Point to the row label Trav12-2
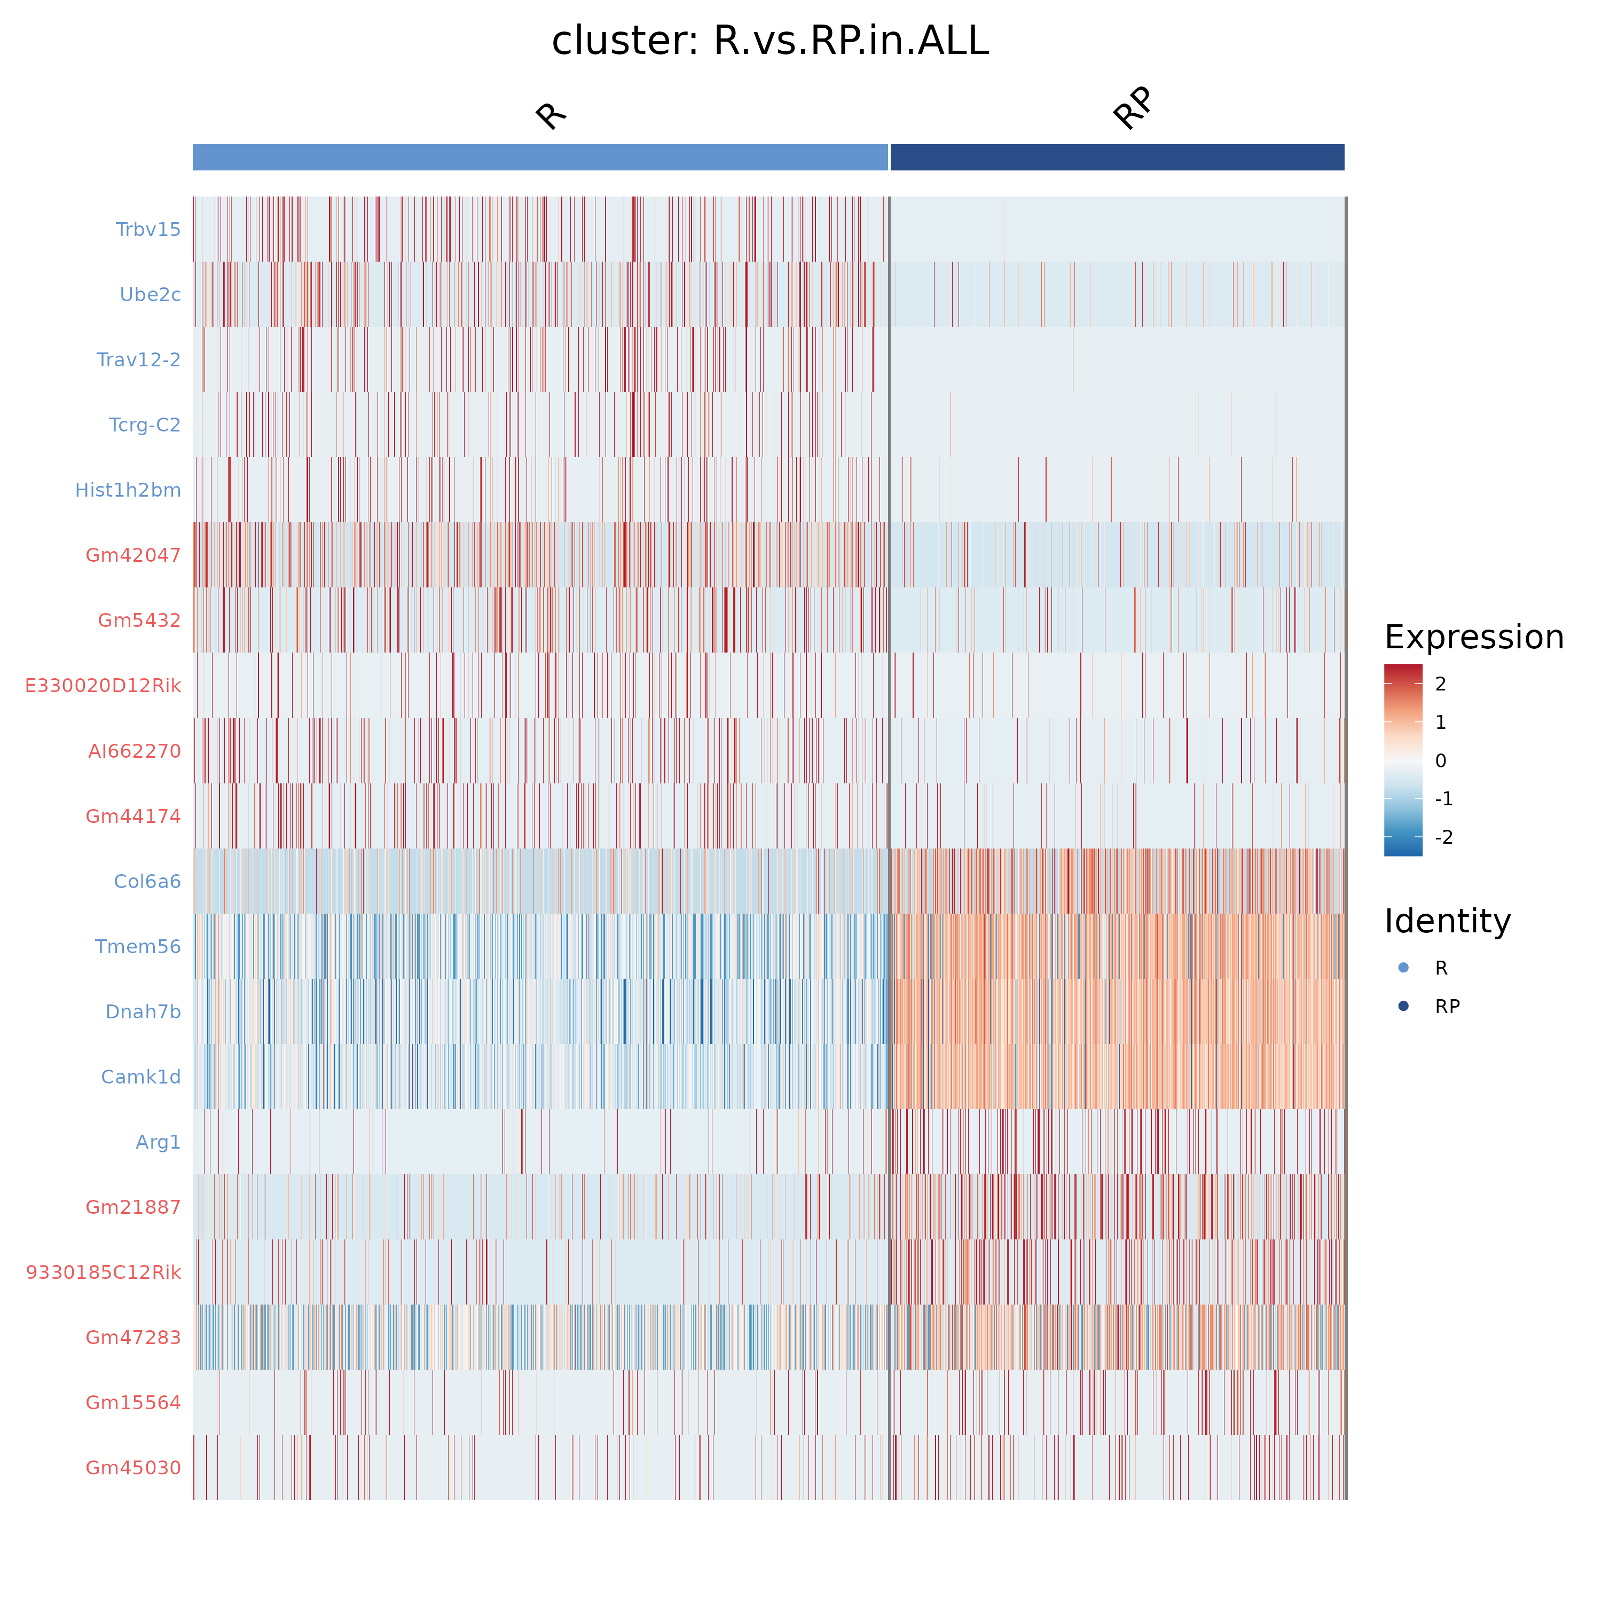pyautogui.click(x=138, y=360)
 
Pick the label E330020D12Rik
pyautogui.click(x=103, y=686)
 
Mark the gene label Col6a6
pyautogui.click(x=147, y=882)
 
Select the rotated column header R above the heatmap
pyautogui.click(x=550, y=115)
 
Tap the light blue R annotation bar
pyautogui.click(x=540, y=158)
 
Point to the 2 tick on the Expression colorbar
pyautogui.click(x=1440, y=684)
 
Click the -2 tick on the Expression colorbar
pyautogui.click(x=1443, y=837)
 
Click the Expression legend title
pyautogui.click(x=1473, y=637)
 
